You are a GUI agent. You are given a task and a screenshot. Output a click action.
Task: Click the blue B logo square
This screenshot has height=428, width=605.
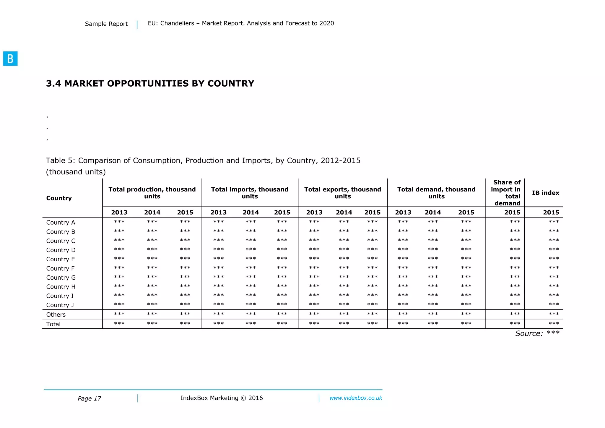(x=10, y=59)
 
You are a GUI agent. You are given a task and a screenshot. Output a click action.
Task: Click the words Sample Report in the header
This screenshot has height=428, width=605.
(x=106, y=24)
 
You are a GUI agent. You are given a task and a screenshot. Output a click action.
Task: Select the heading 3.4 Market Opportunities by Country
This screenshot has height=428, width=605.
(x=150, y=84)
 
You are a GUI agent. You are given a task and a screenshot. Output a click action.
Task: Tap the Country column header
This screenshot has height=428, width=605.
(x=59, y=198)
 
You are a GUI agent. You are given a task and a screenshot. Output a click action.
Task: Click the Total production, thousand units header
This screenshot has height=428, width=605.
(x=152, y=193)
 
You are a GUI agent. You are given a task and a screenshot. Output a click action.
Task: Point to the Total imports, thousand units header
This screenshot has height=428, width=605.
(x=250, y=193)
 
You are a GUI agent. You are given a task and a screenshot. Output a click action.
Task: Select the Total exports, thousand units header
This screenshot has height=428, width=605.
(x=343, y=193)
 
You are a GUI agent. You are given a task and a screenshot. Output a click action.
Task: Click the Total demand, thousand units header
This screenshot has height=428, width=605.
(x=436, y=193)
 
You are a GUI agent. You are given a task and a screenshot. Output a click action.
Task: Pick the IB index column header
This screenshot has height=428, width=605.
(x=546, y=193)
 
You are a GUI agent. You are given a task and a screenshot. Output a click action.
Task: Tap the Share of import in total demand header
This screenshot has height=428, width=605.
(x=506, y=193)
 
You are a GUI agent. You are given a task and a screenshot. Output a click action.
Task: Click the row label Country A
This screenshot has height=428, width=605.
(x=61, y=223)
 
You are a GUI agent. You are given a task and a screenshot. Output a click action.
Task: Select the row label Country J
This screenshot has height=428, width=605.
(x=60, y=305)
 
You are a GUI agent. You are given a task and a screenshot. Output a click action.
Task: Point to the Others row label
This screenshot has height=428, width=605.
(x=56, y=314)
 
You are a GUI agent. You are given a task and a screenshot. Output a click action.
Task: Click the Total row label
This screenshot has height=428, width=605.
(x=53, y=324)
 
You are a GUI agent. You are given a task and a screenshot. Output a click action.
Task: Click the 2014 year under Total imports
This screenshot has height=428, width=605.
(x=251, y=212)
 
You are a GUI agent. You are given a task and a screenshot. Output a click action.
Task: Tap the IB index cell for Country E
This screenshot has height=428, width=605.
(x=554, y=259)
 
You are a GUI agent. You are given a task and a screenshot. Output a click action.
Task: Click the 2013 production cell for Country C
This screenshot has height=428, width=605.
(x=119, y=240)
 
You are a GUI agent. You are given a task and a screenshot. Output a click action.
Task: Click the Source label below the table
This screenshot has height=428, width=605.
(x=529, y=333)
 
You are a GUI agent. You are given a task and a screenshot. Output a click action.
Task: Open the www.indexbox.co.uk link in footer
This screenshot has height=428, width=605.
(x=356, y=398)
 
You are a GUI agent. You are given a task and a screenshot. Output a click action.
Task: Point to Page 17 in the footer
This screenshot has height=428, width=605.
(x=89, y=398)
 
